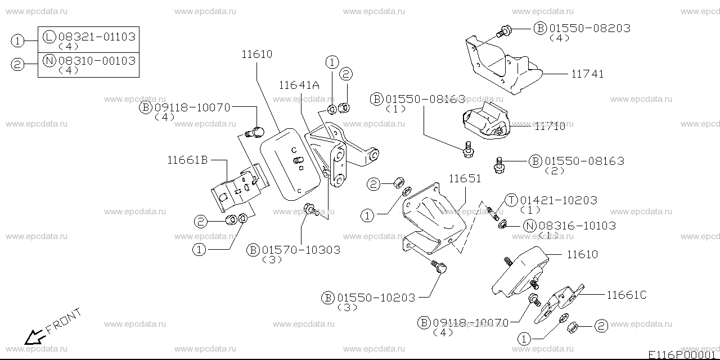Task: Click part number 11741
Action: pyautogui.click(x=588, y=74)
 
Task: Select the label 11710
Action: pyautogui.click(x=550, y=126)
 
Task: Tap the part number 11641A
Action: pyautogui.click(x=299, y=85)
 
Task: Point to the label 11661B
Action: pyautogui.click(x=187, y=160)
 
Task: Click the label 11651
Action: pyautogui.click(x=465, y=178)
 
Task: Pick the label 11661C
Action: pyautogui.click(x=627, y=294)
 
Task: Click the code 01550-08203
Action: pyautogui.click(x=589, y=28)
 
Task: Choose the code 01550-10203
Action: pyautogui.click(x=376, y=298)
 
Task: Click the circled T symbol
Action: pyautogui.click(x=511, y=200)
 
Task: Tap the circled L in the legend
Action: pyautogui.click(x=49, y=37)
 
